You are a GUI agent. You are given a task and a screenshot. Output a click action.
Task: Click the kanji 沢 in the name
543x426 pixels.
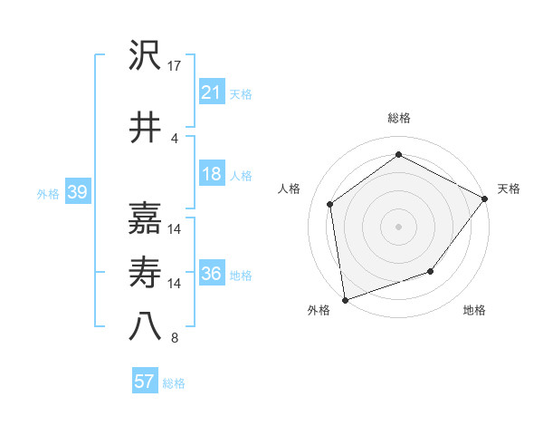pyautogui.click(x=145, y=57)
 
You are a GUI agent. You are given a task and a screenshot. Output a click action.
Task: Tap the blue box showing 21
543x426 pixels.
pyautogui.click(x=211, y=92)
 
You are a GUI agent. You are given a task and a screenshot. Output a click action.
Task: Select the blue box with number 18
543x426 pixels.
pyautogui.click(x=211, y=174)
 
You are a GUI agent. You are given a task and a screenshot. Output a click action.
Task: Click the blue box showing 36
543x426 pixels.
pyautogui.click(x=211, y=274)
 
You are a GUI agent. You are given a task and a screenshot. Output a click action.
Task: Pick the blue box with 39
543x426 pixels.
pyautogui.click(x=77, y=192)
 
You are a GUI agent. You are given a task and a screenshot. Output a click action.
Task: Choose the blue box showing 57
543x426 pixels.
pyautogui.click(x=145, y=382)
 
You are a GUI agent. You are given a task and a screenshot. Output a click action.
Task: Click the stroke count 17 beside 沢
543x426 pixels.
pyautogui.click(x=175, y=66)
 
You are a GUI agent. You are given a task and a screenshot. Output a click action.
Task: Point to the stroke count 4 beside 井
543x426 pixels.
pyautogui.click(x=175, y=138)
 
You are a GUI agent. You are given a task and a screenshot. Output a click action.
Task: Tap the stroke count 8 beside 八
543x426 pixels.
pyautogui.click(x=175, y=338)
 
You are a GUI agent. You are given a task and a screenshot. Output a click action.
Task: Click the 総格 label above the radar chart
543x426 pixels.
pyautogui.click(x=398, y=118)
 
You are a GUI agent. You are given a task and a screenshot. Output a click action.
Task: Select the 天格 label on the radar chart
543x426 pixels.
pyautogui.click(x=510, y=189)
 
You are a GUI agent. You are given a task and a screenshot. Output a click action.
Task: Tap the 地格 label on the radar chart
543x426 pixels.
pyautogui.click(x=474, y=311)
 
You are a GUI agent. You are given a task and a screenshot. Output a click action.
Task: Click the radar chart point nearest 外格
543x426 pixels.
pyautogui.click(x=345, y=299)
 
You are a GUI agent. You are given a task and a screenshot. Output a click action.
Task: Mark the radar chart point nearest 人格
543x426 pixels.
pyautogui.click(x=330, y=204)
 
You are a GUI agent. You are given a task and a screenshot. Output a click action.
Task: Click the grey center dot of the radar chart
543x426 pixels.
pyautogui.click(x=398, y=226)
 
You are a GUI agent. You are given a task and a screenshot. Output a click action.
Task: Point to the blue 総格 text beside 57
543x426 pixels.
pyautogui.click(x=174, y=383)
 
